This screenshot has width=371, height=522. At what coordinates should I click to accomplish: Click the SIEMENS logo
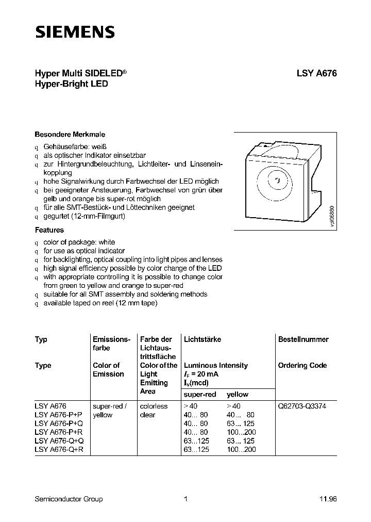click(x=75, y=32)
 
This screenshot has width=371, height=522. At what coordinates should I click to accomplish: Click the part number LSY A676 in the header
click(x=316, y=74)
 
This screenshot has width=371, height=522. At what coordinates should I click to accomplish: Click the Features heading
click(x=49, y=230)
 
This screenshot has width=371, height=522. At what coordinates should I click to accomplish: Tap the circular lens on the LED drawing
click(x=277, y=181)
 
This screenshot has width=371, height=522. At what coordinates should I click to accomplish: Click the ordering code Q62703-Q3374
click(x=302, y=406)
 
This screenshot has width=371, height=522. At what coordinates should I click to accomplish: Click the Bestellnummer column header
click(x=303, y=339)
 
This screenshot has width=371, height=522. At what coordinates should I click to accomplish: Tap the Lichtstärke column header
click(x=203, y=339)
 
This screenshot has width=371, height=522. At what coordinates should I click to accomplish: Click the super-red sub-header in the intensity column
click(x=200, y=395)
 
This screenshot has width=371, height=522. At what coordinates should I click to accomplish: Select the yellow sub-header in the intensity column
click(x=238, y=395)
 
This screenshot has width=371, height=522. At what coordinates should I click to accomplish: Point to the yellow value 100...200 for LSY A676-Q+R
click(x=241, y=450)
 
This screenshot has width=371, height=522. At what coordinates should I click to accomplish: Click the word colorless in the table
click(x=154, y=406)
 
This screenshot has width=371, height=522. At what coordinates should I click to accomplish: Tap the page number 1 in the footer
click(x=185, y=499)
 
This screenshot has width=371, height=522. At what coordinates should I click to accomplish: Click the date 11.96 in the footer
click(x=328, y=499)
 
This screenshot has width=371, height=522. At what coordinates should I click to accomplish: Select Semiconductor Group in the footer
click(x=69, y=499)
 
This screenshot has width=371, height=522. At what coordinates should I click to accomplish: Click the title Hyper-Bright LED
click(x=71, y=84)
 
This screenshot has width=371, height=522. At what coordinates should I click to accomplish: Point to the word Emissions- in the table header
click(x=110, y=339)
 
